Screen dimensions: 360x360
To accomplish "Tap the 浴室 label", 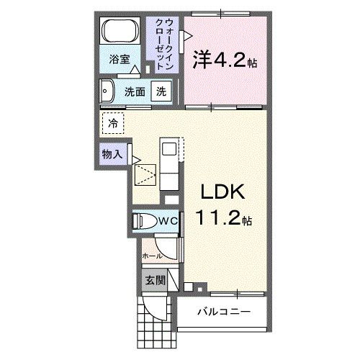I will (x=120, y=60).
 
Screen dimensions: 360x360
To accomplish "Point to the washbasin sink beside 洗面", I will (x=108, y=91).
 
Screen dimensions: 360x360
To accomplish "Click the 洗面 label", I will (x=135, y=91).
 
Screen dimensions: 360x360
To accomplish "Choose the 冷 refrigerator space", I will (x=112, y=123).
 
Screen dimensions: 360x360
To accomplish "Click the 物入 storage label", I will (x=112, y=153).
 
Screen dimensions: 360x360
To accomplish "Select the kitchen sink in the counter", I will (x=168, y=149).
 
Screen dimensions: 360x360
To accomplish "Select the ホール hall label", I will (x=151, y=255).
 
